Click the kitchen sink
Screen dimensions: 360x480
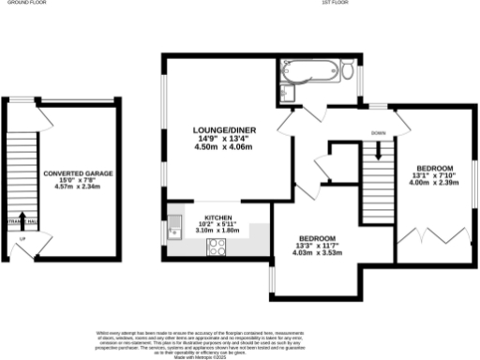[x=174, y=227]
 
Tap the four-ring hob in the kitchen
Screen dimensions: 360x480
[x=216, y=247]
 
